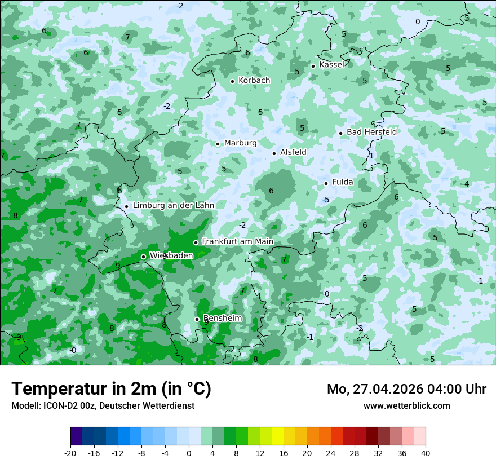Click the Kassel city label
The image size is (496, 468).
[331, 65]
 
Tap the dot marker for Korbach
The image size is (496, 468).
[232, 81]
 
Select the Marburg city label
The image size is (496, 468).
[240, 143]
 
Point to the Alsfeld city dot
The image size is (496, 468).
[274, 153]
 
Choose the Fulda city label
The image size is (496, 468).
[343, 182]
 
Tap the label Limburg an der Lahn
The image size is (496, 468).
[174, 206]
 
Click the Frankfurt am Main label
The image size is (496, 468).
[237, 242]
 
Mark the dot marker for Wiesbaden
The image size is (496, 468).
[143, 257]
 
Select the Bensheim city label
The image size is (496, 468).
[222, 319]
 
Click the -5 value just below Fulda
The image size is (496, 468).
[326, 200]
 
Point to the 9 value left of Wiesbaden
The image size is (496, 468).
[118, 266]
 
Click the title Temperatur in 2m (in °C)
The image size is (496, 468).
[111, 389]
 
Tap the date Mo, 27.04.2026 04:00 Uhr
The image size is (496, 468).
[406, 389]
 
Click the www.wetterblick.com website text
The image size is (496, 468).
[406, 405]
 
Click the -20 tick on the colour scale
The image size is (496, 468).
[70, 453]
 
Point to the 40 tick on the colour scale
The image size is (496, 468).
[426, 453]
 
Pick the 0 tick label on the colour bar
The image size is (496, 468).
[189, 453]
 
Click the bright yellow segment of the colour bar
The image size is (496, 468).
[277, 436]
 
